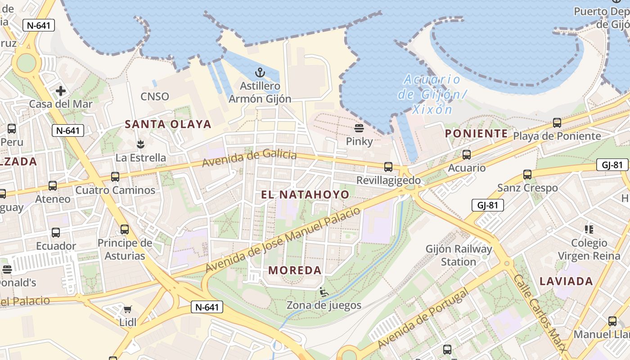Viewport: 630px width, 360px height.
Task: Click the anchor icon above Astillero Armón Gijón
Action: pos(260,72)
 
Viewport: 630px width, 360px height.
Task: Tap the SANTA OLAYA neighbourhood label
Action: pos(168,124)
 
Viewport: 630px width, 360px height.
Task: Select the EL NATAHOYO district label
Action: pos(305,194)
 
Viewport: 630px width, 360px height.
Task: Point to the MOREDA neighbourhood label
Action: pos(295,270)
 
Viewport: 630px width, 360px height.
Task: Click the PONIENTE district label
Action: pos(476,134)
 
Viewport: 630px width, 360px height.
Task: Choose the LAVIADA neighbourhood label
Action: pos(566,282)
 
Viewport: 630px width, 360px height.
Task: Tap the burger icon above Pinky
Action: pos(359,128)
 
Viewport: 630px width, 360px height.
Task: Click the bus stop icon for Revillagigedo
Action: pos(388,167)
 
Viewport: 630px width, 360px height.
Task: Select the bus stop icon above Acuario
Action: pos(467,155)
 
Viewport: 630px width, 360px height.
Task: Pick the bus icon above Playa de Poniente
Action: pos(557,122)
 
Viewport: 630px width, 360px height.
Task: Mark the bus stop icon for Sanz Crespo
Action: pos(527,175)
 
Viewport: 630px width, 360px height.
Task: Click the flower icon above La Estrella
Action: pos(140,144)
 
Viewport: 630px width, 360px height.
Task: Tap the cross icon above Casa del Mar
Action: pos(61,91)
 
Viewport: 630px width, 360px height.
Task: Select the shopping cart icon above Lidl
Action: pos(127,309)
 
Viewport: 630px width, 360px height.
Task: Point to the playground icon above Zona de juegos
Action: pos(324,292)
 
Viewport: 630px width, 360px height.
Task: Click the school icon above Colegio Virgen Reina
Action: pos(589,229)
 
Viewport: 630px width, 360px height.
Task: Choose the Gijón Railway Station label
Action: pos(459,255)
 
